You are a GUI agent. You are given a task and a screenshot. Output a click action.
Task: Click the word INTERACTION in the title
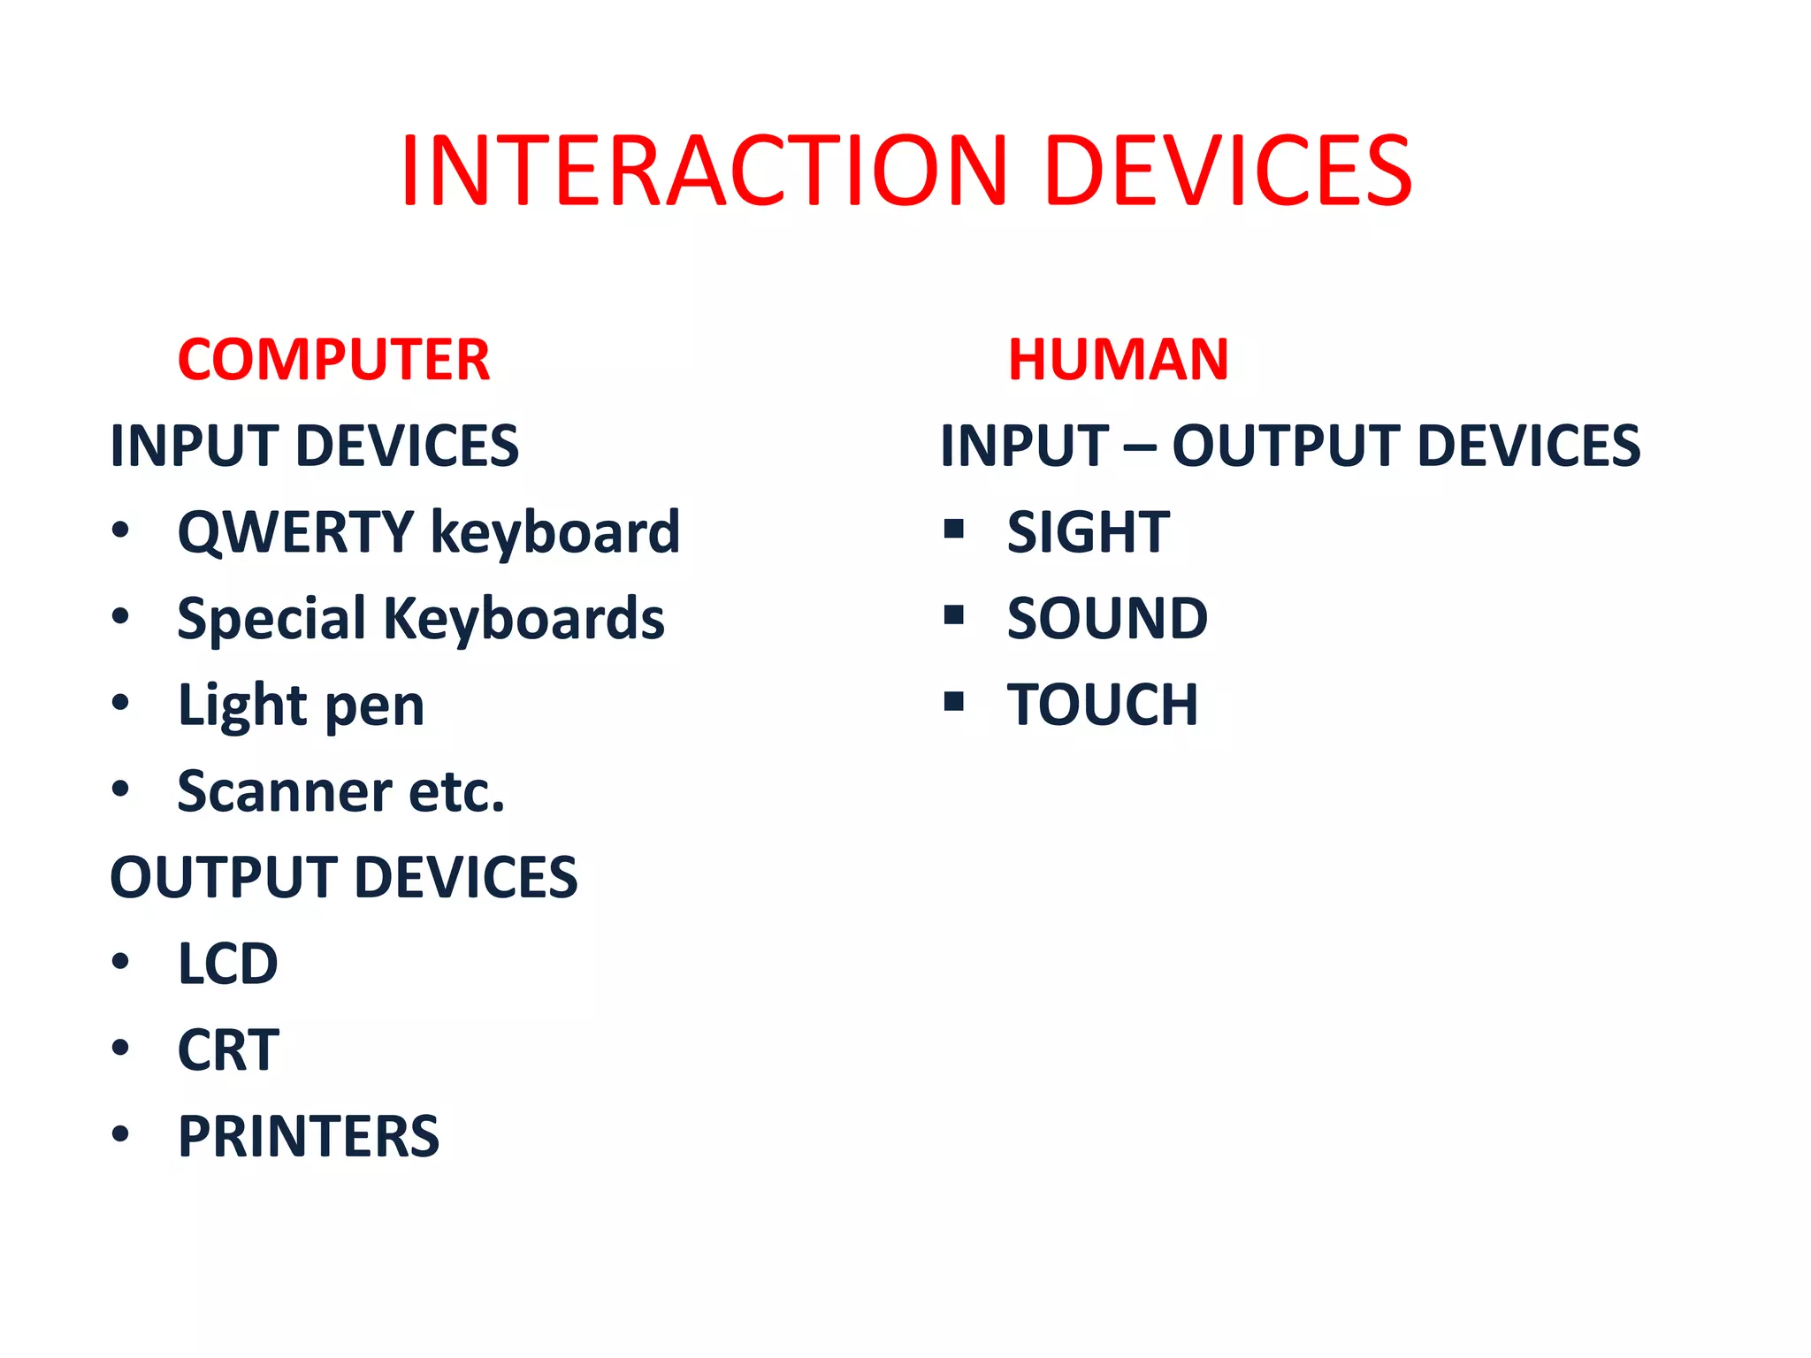pos(704,172)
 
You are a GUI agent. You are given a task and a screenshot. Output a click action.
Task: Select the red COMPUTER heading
pos(333,360)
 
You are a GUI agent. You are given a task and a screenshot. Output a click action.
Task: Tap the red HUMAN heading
pos(1118,360)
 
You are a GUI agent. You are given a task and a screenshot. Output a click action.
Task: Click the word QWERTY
pos(295,533)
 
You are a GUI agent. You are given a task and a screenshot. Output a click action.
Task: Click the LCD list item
pos(228,964)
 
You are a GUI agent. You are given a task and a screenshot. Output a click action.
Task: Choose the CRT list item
pos(228,1050)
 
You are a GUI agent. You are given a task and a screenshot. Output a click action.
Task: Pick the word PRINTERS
pos(309,1137)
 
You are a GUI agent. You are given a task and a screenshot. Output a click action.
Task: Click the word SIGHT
pos(1088,533)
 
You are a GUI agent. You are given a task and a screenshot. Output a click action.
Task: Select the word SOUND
pos(1107,619)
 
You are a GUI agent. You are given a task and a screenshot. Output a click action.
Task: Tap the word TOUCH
pos(1103,706)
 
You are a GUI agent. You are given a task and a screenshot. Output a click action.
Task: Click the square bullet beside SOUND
pos(953,614)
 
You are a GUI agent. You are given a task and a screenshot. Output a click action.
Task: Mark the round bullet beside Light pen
pos(121,704)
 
